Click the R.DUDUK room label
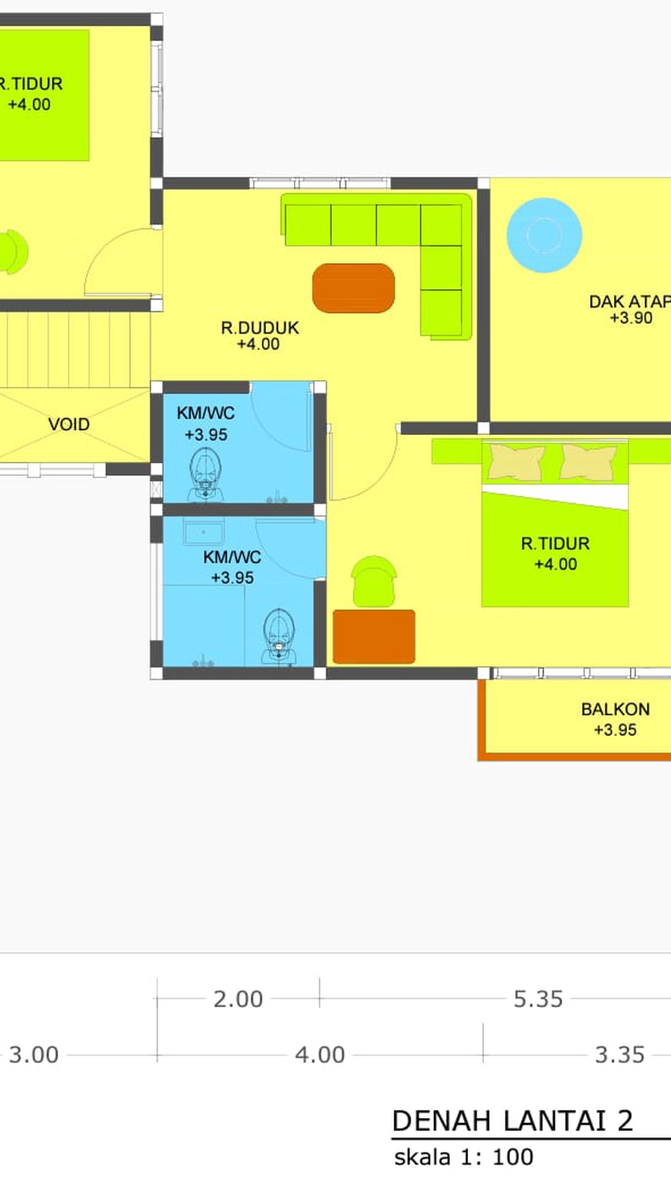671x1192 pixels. [260, 328]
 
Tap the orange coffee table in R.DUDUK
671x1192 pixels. [354, 288]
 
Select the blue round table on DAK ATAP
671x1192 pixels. [544, 235]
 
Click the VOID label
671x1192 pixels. [69, 424]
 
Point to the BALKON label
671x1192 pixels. [615, 709]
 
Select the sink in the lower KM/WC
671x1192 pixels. [204, 532]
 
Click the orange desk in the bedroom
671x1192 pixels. [374, 636]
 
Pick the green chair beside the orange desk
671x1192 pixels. [374, 582]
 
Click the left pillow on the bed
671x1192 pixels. [516, 462]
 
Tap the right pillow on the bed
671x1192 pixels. [588, 462]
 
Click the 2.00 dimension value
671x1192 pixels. [238, 999]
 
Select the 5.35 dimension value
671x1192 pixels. [538, 999]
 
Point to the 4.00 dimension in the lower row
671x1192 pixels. [320, 1054]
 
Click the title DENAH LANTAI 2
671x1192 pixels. [512, 1121]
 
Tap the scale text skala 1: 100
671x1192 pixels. [463, 1157]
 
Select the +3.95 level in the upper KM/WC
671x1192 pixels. [206, 434]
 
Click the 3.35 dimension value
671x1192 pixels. [620, 1054]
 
